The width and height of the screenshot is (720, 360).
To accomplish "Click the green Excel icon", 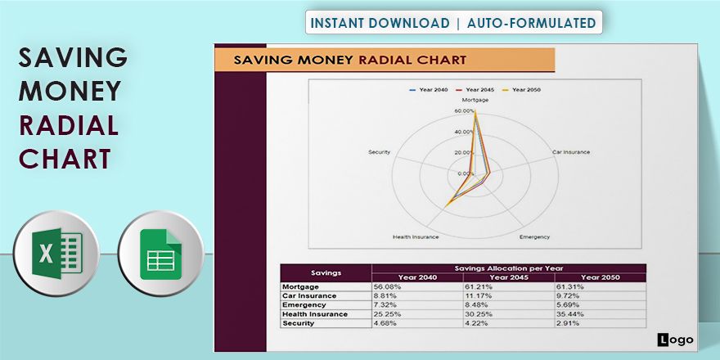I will (56, 252).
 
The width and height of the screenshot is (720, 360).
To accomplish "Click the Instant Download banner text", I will (453, 23).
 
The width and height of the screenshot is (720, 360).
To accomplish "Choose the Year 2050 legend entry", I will (521, 89).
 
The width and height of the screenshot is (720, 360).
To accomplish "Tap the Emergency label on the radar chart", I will (534, 237).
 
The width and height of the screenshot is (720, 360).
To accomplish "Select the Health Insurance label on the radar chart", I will (416, 237).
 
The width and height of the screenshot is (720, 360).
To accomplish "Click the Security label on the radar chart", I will (379, 152).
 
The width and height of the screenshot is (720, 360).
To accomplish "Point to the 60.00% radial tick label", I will (464, 110).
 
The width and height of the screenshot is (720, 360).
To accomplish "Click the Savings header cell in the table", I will (326, 272).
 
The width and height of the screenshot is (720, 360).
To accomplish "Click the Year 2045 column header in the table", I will (509, 277).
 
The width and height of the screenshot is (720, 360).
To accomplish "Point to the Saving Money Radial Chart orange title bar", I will (385, 60).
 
